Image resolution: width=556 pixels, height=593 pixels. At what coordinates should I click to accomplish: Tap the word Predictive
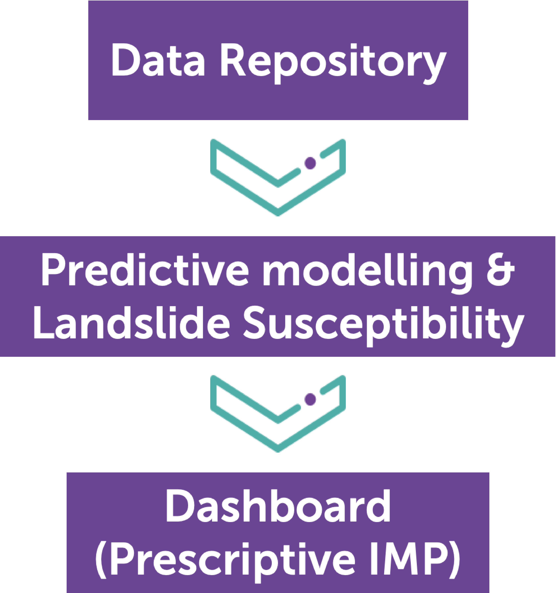click(145, 270)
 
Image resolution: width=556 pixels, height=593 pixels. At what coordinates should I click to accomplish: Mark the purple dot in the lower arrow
click(310, 399)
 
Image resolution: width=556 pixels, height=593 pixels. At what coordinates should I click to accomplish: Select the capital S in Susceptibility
click(257, 323)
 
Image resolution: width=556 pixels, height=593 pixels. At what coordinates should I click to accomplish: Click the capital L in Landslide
click(44, 323)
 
